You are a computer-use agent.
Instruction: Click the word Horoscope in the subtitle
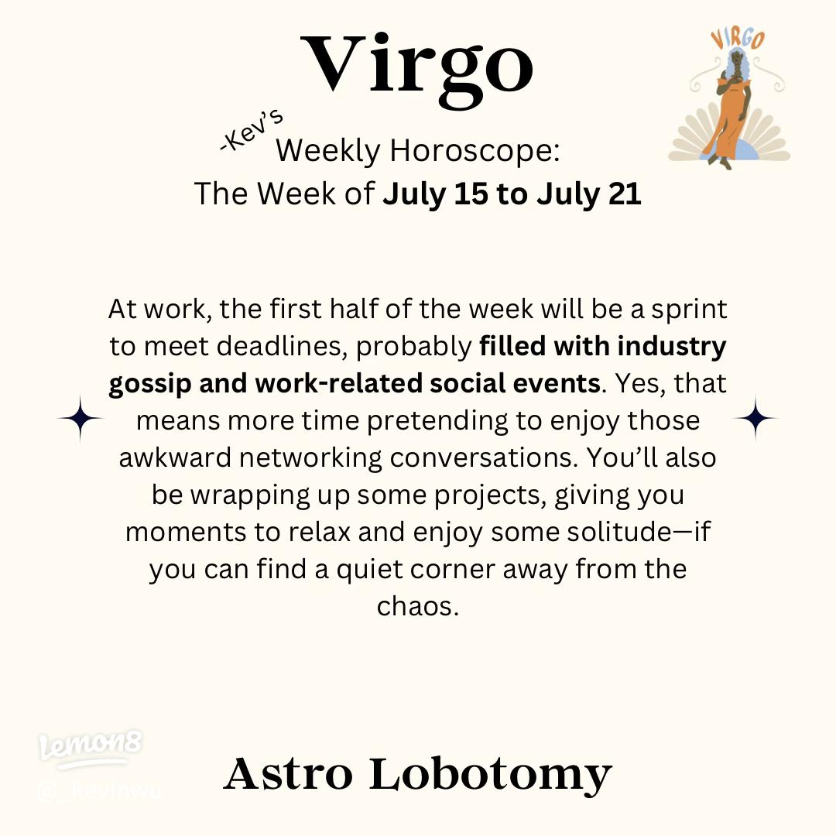click(x=474, y=150)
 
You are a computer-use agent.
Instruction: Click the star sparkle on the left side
click(x=80, y=419)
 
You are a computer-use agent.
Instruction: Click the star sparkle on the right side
click(x=755, y=419)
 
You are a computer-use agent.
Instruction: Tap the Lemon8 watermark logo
click(x=91, y=747)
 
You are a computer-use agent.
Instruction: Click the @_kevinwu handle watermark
click(x=98, y=792)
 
